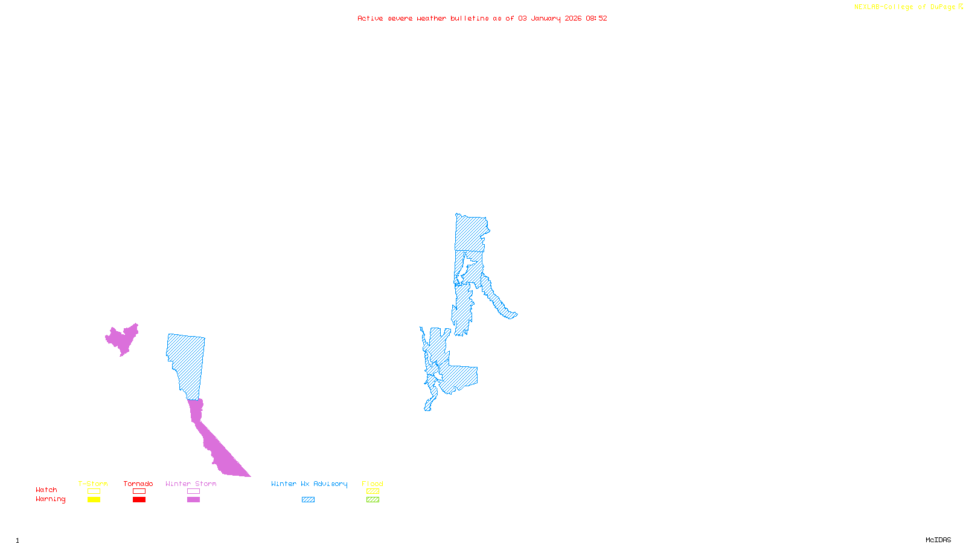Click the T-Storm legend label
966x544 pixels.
pos(93,484)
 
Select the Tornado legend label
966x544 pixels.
pos(138,484)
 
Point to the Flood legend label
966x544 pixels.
pos(373,484)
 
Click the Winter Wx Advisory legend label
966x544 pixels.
pos(309,484)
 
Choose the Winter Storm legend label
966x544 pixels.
pos(191,484)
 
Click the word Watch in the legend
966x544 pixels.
pos(46,490)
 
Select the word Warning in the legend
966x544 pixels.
pos(51,499)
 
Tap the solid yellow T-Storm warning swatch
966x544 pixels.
pos(94,500)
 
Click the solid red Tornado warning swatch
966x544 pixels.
pos(139,500)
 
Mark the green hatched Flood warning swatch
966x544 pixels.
pos(373,500)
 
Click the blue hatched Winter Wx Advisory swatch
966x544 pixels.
pos(308,500)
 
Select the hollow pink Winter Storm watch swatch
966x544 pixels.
pos(193,491)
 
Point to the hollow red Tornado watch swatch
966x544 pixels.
pos(139,491)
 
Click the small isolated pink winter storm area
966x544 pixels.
pos(123,340)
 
